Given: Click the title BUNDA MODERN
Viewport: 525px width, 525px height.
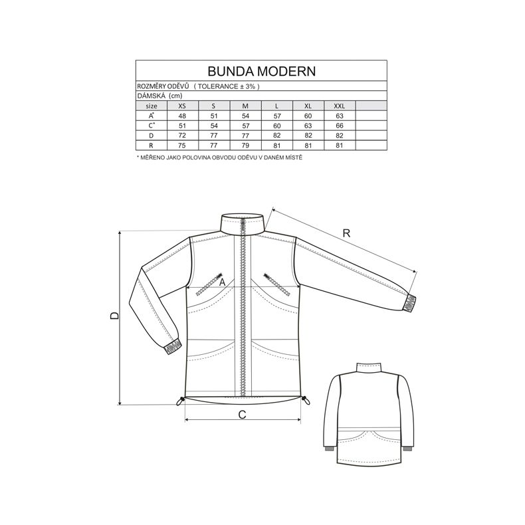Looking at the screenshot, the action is tap(261, 71).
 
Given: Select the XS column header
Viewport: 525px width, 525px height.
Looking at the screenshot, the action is tap(182, 106).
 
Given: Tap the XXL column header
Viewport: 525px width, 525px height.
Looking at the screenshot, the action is tap(339, 106).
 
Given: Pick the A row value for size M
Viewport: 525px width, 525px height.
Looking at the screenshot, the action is tap(245, 116).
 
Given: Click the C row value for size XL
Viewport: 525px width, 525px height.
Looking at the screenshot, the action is tap(308, 126).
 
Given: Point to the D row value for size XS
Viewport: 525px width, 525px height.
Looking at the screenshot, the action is tap(182, 136).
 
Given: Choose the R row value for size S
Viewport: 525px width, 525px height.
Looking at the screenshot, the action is tap(213, 146).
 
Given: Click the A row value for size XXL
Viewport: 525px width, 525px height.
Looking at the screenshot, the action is tap(340, 116).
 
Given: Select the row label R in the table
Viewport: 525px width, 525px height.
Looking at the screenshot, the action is tap(152, 146).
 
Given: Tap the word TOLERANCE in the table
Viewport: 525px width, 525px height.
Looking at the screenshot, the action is tap(218, 86).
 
